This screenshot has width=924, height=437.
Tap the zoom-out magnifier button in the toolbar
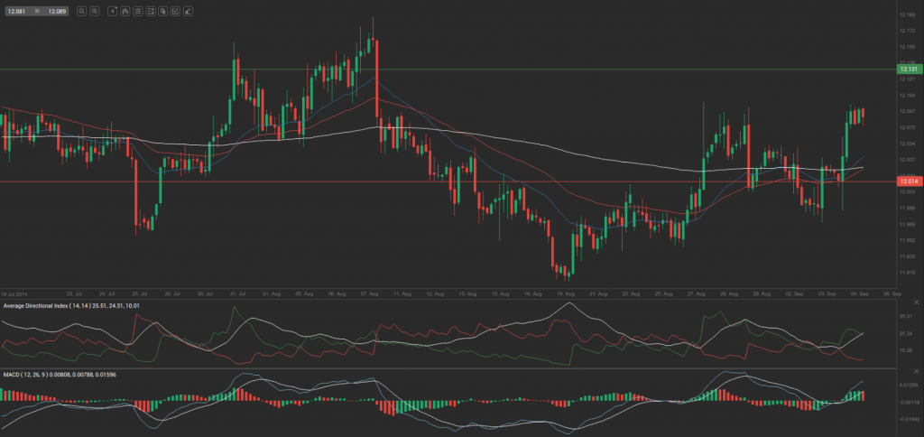[81, 11]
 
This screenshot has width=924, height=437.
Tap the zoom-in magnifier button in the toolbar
[94, 11]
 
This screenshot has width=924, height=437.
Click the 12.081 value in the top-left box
[16, 11]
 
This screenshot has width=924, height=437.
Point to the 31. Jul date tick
[239, 293]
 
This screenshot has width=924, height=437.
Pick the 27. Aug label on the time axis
[695, 293]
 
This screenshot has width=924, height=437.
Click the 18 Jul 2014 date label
[15, 293]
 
